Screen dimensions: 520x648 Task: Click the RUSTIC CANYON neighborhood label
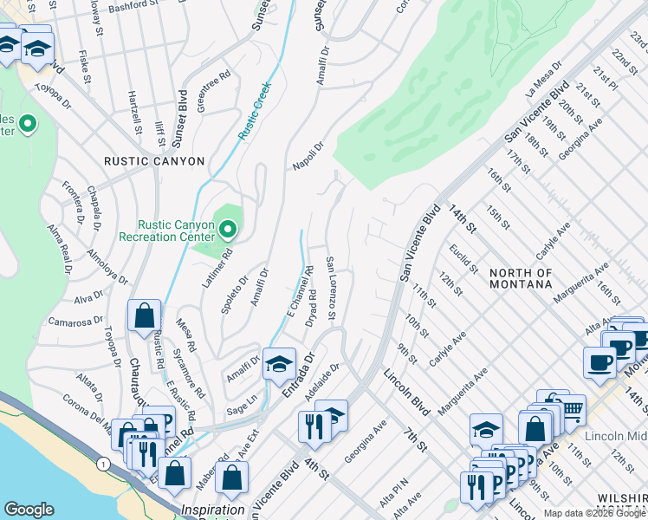(x=153, y=161)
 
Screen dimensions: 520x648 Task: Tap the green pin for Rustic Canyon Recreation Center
(x=228, y=230)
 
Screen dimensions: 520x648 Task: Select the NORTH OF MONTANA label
(x=521, y=278)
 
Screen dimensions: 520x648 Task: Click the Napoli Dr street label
(x=307, y=153)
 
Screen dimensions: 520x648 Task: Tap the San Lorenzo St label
(x=330, y=287)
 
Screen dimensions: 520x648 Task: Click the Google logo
(x=29, y=510)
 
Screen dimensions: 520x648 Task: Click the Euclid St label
(x=463, y=258)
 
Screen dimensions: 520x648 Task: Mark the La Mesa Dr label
(x=544, y=78)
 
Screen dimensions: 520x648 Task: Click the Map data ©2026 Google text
(x=593, y=513)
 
